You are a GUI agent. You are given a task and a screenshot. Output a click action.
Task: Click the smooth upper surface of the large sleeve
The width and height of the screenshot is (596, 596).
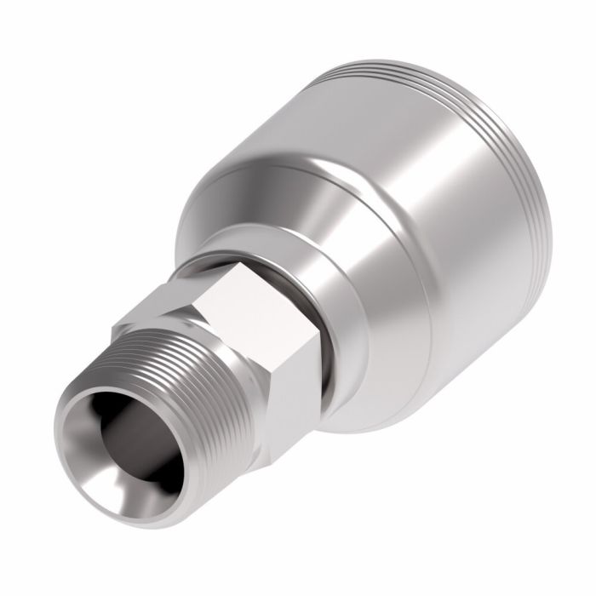358,111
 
